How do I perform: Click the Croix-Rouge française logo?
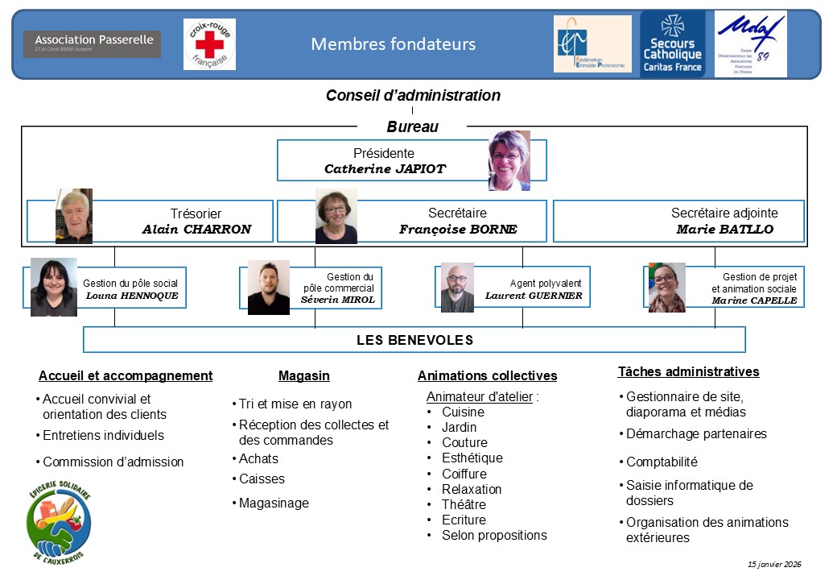click(209, 44)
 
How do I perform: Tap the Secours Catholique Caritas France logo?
click(672, 44)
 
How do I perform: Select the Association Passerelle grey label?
click(92, 43)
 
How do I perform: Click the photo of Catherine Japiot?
click(509, 160)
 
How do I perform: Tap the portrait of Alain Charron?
click(74, 216)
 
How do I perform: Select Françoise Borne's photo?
click(336, 216)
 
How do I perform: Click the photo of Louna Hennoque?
click(54, 287)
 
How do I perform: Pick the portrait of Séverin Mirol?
click(269, 287)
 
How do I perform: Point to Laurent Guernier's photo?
click(457, 287)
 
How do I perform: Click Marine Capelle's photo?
click(667, 287)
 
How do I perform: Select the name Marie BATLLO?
click(725, 230)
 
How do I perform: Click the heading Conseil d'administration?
click(413, 96)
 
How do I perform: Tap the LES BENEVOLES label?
click(414, 340)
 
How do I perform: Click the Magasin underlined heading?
click(304, 376)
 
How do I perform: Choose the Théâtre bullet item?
click(463, 505)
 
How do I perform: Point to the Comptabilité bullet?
click(662, 462)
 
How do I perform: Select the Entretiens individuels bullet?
click(103, 436)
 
